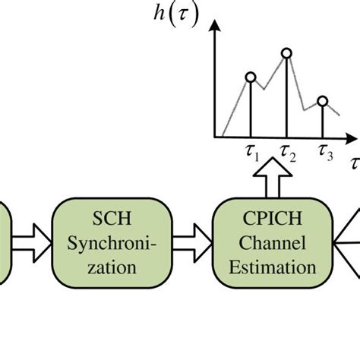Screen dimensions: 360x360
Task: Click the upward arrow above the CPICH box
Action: (277, 184)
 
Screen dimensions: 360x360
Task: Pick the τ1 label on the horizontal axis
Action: (253, 156)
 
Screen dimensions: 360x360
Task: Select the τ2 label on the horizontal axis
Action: (288, 156)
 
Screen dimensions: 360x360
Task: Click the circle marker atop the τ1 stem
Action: (251, 77)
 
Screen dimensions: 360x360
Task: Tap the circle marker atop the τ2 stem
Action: (286, 53)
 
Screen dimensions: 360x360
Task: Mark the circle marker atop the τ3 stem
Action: (322, 101)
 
